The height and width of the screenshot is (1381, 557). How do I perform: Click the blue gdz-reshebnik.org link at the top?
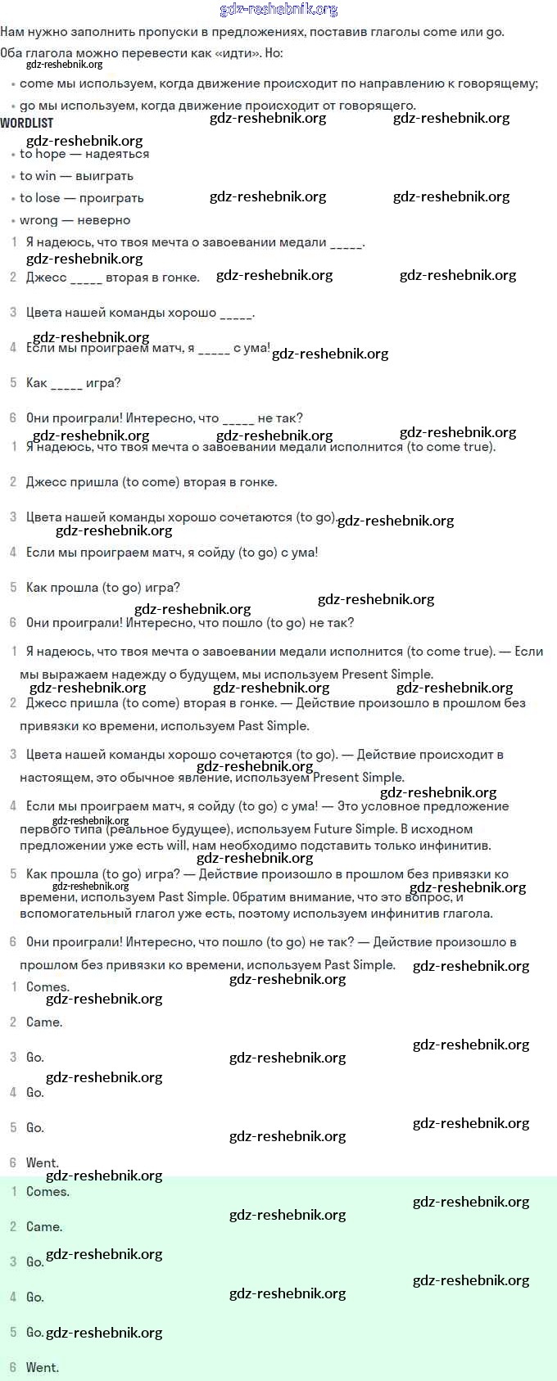pos(278,10)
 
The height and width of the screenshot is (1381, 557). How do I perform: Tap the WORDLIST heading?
pos(27,123)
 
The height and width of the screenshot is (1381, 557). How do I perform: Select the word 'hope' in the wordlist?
pos(51,154)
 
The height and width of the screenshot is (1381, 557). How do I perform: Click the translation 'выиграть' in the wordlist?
pos(104,176)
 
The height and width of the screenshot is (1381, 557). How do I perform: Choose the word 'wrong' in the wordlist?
pos(38,220)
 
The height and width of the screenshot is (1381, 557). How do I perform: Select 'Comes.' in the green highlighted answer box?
pos(48,1192)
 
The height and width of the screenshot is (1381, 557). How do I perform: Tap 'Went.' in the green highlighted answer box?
pos(43,1367)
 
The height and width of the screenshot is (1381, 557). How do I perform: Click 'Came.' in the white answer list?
pos(44,1022)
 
